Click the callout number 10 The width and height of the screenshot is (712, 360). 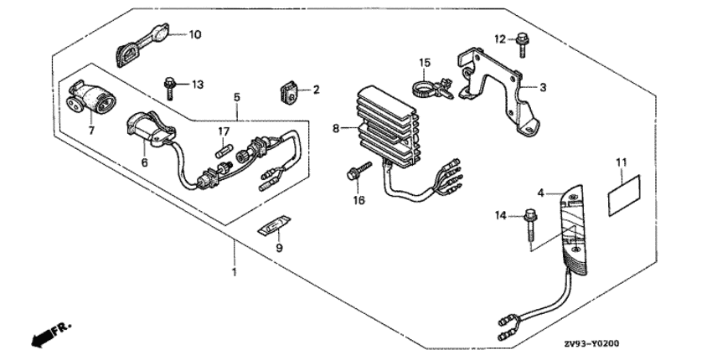click(194, 35)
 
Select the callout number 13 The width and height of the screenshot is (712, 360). click(197, 85)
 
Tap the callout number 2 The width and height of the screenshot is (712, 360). click(317, 89)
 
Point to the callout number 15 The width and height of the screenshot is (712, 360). click(425, 61)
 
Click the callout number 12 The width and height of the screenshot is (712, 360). click(499, 39)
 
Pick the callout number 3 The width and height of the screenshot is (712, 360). click(543, 86)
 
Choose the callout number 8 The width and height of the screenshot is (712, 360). click(336, 128)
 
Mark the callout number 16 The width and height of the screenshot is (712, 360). click(359, 200)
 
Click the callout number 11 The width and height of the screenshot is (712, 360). click(621, 161)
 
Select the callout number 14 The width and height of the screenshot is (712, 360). click(502, 216)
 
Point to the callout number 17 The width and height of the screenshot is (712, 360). click(224, 131)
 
